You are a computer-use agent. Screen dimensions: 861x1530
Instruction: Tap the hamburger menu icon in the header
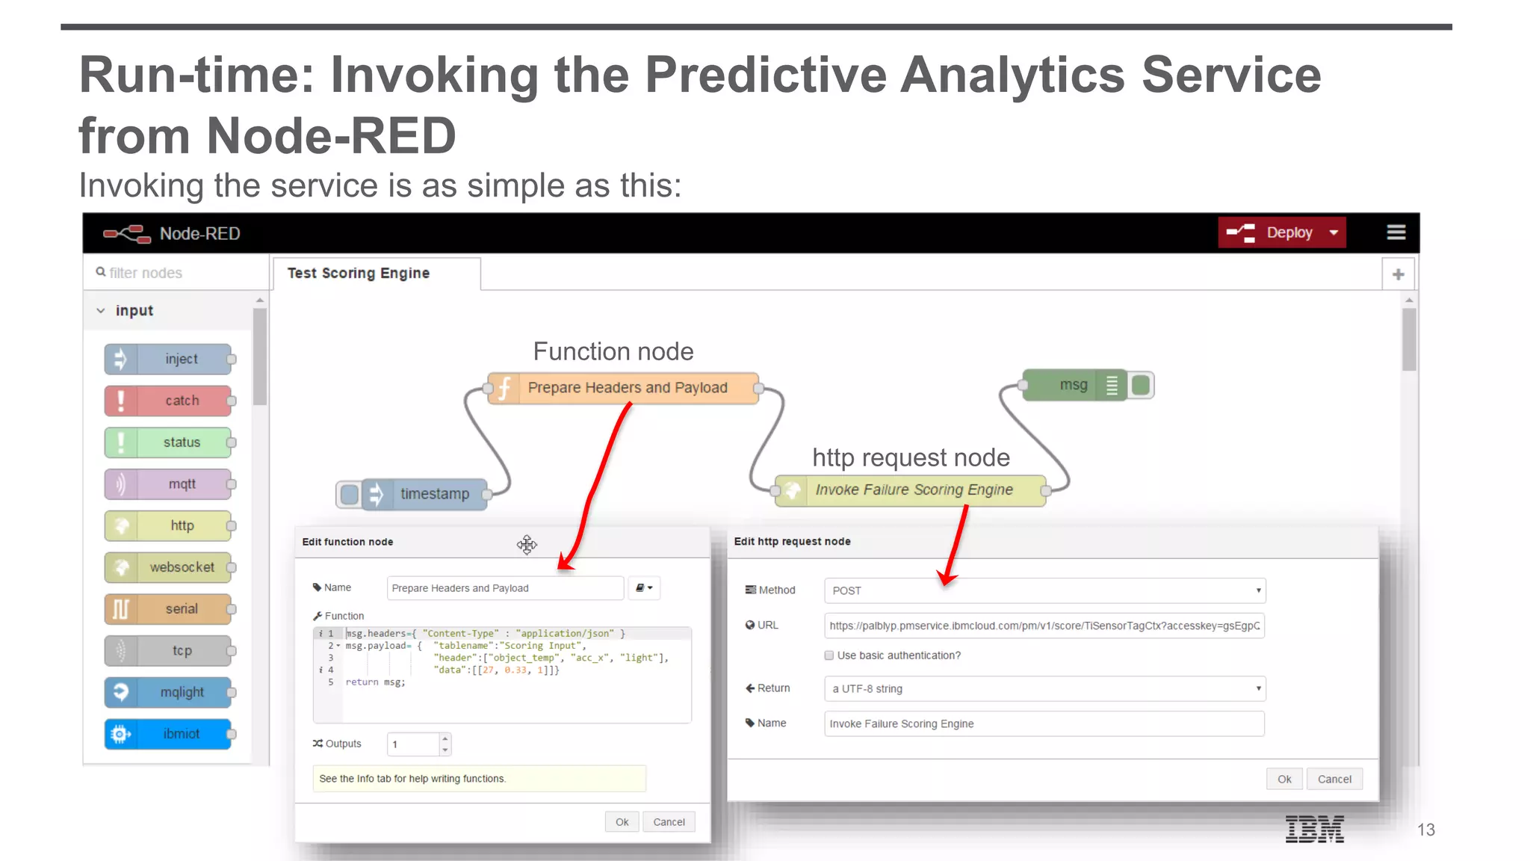(x=1396, y=233)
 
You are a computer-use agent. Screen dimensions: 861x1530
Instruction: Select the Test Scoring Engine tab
(x=359, y=274)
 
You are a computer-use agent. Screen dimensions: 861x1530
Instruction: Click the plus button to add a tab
(x=1398, y=274)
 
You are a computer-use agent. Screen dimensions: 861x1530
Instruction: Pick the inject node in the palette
(x=169, y=359)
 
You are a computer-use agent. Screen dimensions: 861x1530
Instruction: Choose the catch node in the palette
(x=169, y=401)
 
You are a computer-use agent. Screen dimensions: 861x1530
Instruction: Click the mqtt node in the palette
(x=169, y=484)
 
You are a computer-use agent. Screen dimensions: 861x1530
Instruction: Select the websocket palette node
(x=169, y=567)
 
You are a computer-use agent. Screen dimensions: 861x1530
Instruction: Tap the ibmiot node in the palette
(x=169, y=734)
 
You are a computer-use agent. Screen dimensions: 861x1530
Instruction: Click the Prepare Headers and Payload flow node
(x=626, y=388)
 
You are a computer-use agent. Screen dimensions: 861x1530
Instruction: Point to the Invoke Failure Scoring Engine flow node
(x=913, y=490)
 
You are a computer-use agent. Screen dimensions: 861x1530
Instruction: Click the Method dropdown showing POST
(x=1044, y=590)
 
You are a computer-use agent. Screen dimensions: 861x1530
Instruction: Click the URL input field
(x=1044, y=626)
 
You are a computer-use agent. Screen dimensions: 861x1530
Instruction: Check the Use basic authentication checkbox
(x=829, y=655)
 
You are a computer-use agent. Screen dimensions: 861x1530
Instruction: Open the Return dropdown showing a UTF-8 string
(x=1044, y=688)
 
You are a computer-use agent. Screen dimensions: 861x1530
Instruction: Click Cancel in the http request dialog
(x=1334, y=779)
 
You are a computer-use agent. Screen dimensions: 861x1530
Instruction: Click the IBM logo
(x=1314, y=830)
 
